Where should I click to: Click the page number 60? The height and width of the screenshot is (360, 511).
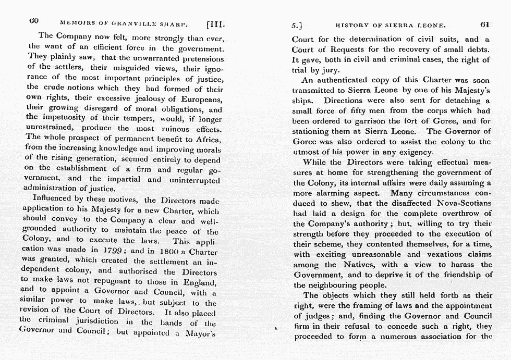point(35,22)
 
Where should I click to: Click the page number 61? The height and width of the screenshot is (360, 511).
point(484,23)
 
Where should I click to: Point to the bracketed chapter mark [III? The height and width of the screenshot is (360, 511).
point(215,23)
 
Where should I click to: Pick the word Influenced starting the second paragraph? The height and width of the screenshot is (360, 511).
point(54,200)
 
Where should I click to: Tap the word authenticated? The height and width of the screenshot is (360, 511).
point(341,80)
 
